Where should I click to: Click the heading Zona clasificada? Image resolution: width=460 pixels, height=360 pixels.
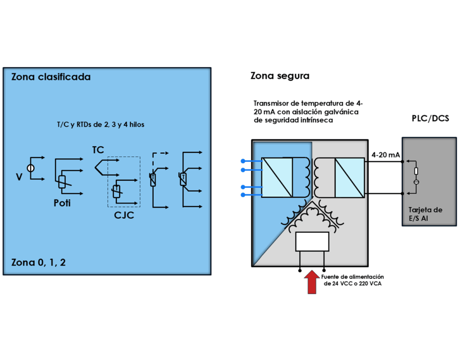[51, 77]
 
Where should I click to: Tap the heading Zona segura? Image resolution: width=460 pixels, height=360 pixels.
[280, 76]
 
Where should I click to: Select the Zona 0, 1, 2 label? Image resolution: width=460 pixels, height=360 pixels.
[38, 262]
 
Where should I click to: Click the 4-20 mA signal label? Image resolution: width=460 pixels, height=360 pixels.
[386, 155]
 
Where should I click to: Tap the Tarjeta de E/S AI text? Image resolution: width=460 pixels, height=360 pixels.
[425, 214]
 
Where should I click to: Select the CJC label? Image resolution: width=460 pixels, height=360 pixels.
[124, 216]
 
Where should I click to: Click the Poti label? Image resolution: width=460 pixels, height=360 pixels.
[62, 203]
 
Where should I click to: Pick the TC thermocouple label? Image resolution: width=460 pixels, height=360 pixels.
[98, 150]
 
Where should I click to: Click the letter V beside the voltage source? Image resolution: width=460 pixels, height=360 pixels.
[19, 178]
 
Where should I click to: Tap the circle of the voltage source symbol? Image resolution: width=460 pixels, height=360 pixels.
[31, 169]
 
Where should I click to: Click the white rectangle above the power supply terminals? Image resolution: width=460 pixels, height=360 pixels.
[312, 242]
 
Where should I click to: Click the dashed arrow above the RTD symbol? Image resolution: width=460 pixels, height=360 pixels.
[160, 153]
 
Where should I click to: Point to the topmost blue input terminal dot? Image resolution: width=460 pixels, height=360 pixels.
[243, 161]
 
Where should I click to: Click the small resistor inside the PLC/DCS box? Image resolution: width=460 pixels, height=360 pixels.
[416, 171]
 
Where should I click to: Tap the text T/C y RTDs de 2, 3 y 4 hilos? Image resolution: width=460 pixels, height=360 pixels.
[98, 124]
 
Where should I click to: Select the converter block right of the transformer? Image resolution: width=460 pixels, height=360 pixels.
[349, 178]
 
